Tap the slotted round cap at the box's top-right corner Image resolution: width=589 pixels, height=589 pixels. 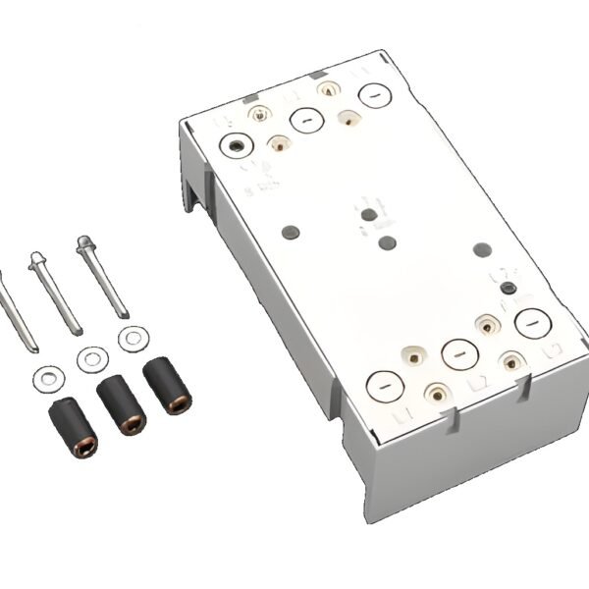point(374,94)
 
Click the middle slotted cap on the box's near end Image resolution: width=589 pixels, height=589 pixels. point(458,351)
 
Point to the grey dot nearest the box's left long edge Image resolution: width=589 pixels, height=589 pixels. point(291,232)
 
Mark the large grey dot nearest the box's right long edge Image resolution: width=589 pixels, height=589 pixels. point(481,249)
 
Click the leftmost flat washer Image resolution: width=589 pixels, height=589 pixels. point(44,374)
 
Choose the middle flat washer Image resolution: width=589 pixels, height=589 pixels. point(89,357)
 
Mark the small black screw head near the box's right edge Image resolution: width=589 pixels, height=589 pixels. point(507,288)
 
